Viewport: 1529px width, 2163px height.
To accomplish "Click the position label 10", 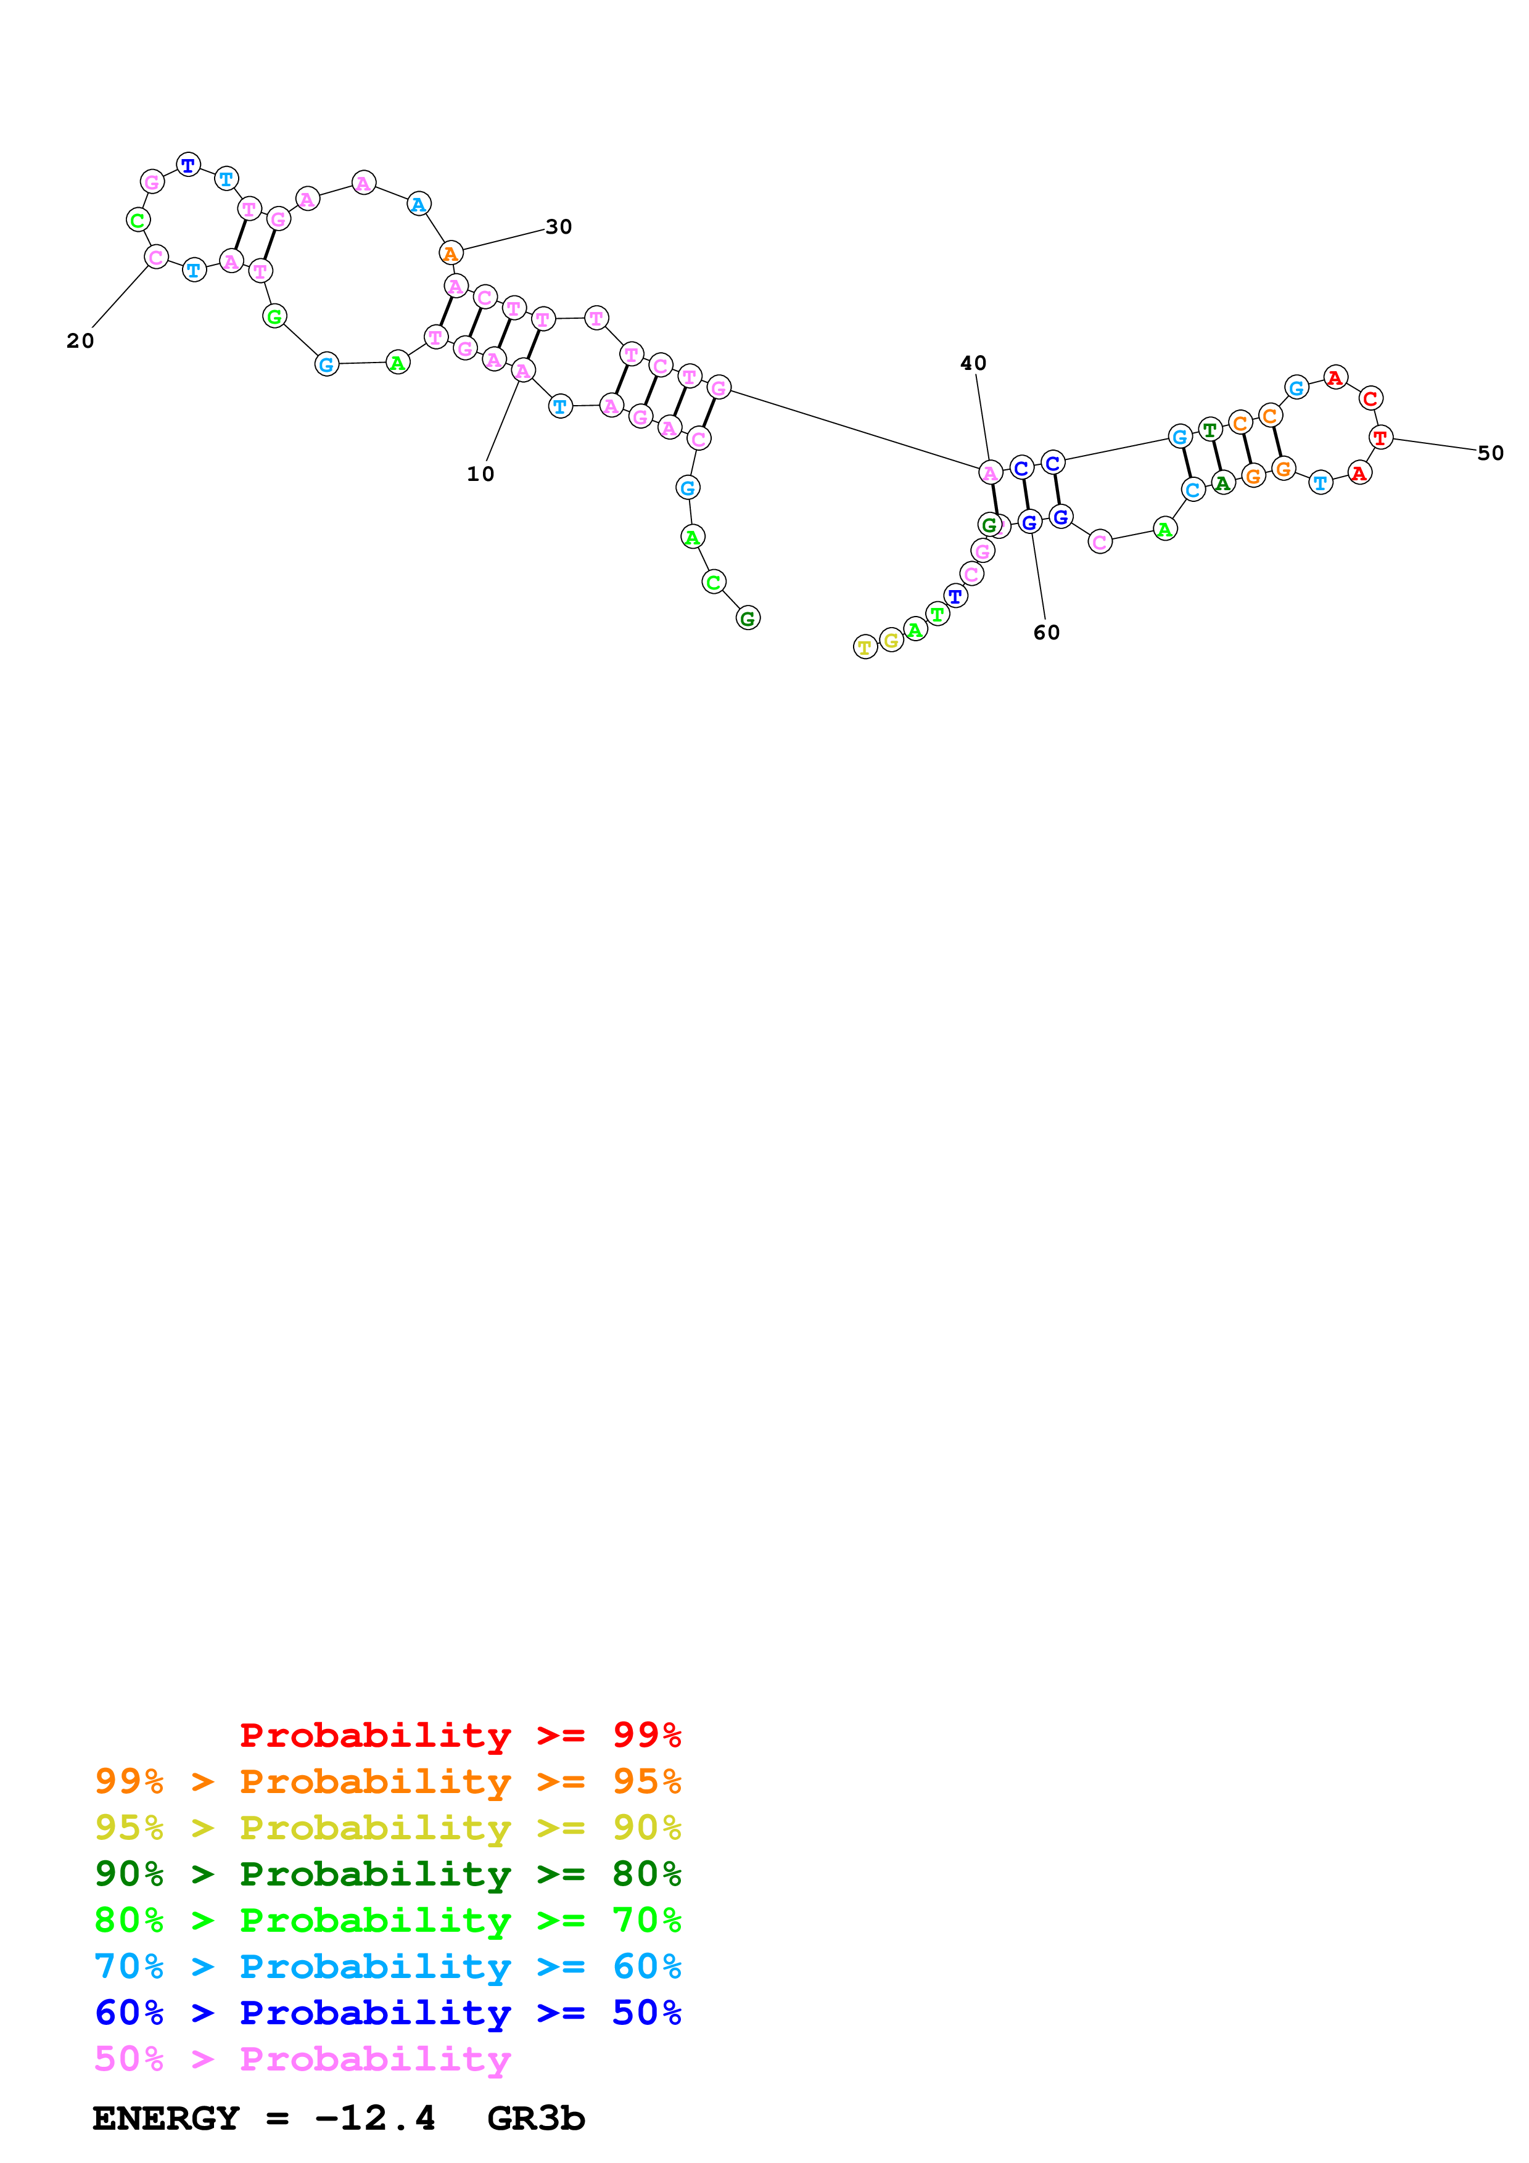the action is point(480,474).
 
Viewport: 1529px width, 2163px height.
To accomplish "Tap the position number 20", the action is point(80,341).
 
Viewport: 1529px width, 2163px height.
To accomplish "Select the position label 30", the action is point(559,227).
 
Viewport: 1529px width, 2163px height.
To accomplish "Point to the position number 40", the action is point(973,364).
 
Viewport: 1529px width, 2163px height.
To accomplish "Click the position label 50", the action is point(1490,453).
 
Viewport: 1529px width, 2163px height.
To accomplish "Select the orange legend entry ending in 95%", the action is point(387,1781).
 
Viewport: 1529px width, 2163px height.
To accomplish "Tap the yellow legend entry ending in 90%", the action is point(387,1827).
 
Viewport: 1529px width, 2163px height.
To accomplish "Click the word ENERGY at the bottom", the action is point(166,2118).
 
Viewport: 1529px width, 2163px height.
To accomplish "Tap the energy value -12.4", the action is point(375,2118).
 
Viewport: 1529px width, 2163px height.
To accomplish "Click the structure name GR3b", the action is point(536,2118).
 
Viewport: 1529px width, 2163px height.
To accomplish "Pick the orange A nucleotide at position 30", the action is point(451,253).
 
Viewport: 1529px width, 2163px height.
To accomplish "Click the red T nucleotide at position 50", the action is point(1380,437).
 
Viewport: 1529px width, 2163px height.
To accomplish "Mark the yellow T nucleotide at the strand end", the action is point(865,647).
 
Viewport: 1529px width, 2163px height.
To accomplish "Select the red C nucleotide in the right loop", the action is point(1370,398).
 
